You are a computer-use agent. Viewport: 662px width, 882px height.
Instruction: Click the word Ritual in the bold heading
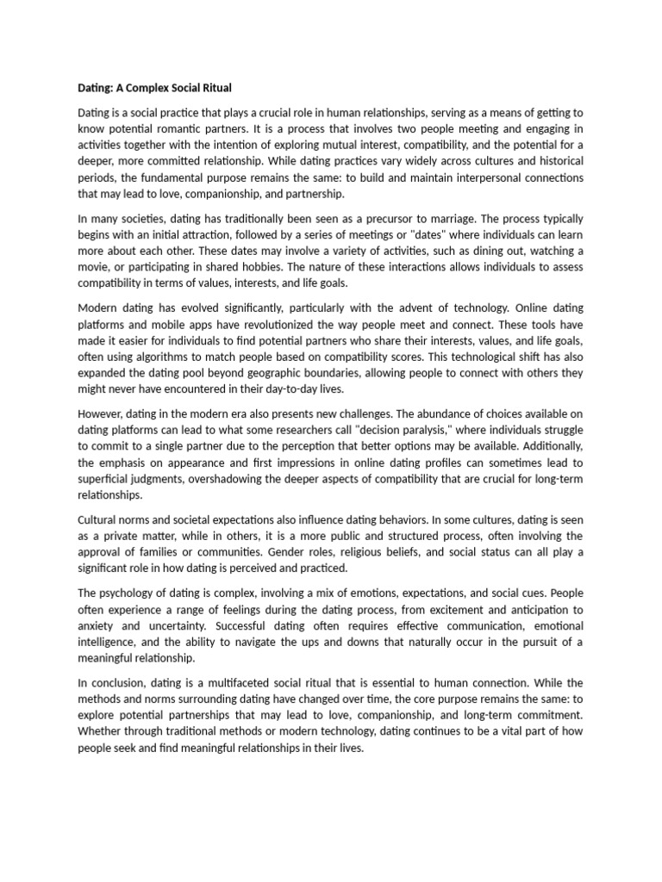(x=215, y=88)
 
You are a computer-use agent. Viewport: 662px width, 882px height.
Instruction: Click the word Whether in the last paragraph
(x=103, y=732)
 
